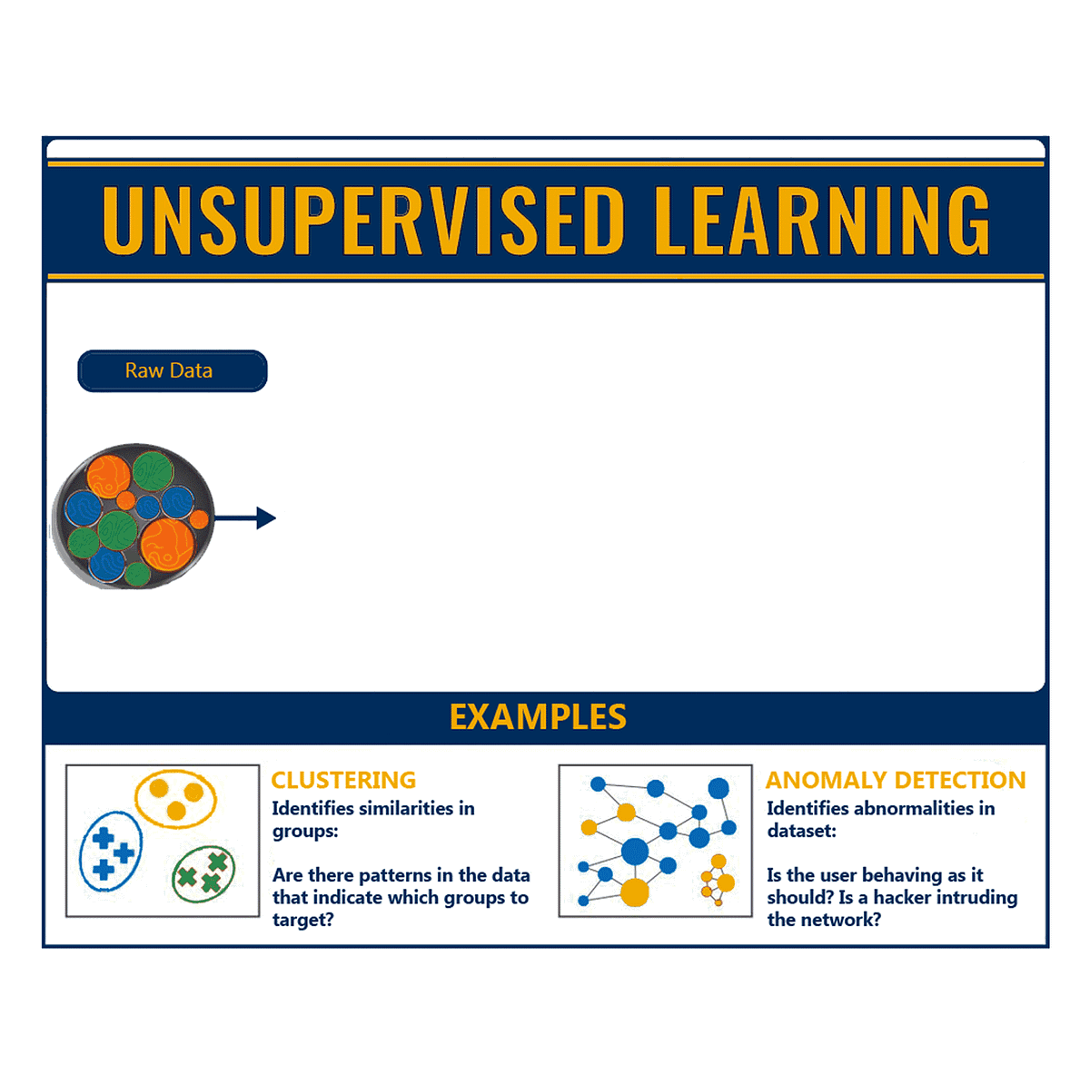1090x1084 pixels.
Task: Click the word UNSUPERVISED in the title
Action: pos(363,220)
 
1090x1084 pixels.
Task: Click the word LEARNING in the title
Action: pos(821,220)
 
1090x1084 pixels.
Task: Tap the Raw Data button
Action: pos(173,371)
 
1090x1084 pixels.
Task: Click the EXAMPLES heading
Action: pos(538,717)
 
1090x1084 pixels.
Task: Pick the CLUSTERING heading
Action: pos(343,780)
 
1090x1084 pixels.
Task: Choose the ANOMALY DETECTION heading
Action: pos(896,780)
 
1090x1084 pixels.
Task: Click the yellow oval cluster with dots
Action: pos(175,799)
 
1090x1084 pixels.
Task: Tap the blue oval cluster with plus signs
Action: pos(111,851)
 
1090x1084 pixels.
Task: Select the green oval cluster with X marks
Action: pos(203,873)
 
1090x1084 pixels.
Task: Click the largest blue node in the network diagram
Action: pos(635,852)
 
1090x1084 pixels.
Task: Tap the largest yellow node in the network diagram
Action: pos(635,892)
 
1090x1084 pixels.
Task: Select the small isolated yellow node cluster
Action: pos(718,881)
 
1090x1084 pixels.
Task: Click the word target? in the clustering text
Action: pos(303,920)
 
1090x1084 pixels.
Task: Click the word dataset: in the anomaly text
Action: pos(801,831)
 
